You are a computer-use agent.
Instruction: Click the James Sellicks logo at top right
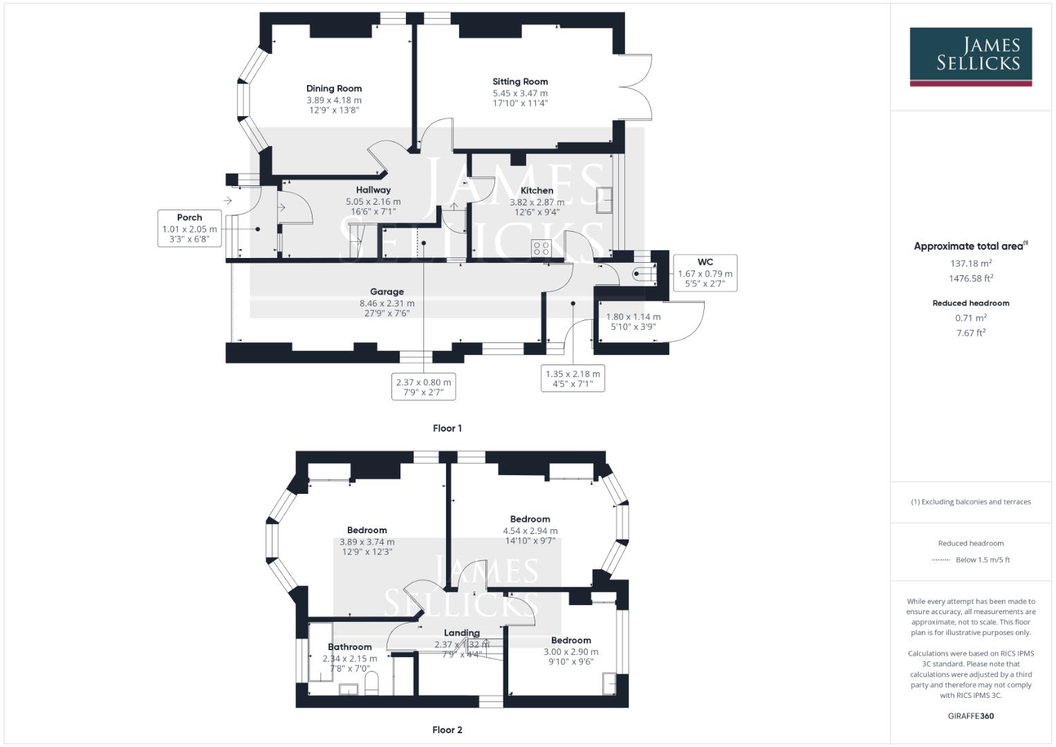970,56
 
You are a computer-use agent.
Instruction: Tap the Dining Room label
334,89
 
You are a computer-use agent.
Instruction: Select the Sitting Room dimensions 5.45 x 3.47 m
520,93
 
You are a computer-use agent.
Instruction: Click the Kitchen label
537,190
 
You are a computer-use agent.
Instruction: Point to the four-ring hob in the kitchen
541,248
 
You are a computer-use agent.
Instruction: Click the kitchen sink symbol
605,201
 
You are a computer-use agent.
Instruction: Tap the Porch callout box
189,228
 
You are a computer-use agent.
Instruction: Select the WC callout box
705,273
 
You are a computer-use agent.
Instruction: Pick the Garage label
387,292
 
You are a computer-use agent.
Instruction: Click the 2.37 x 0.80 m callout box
423,387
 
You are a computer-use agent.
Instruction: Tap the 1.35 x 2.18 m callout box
573,378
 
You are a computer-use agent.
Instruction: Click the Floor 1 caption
447,428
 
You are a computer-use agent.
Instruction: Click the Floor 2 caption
447,730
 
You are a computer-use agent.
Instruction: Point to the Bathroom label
350,647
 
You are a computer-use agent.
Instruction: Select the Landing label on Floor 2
461,633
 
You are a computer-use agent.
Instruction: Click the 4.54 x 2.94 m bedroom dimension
530,531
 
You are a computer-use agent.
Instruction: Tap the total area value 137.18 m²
970,264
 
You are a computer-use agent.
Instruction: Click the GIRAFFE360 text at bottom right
971,716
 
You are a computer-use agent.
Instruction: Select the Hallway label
373,190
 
